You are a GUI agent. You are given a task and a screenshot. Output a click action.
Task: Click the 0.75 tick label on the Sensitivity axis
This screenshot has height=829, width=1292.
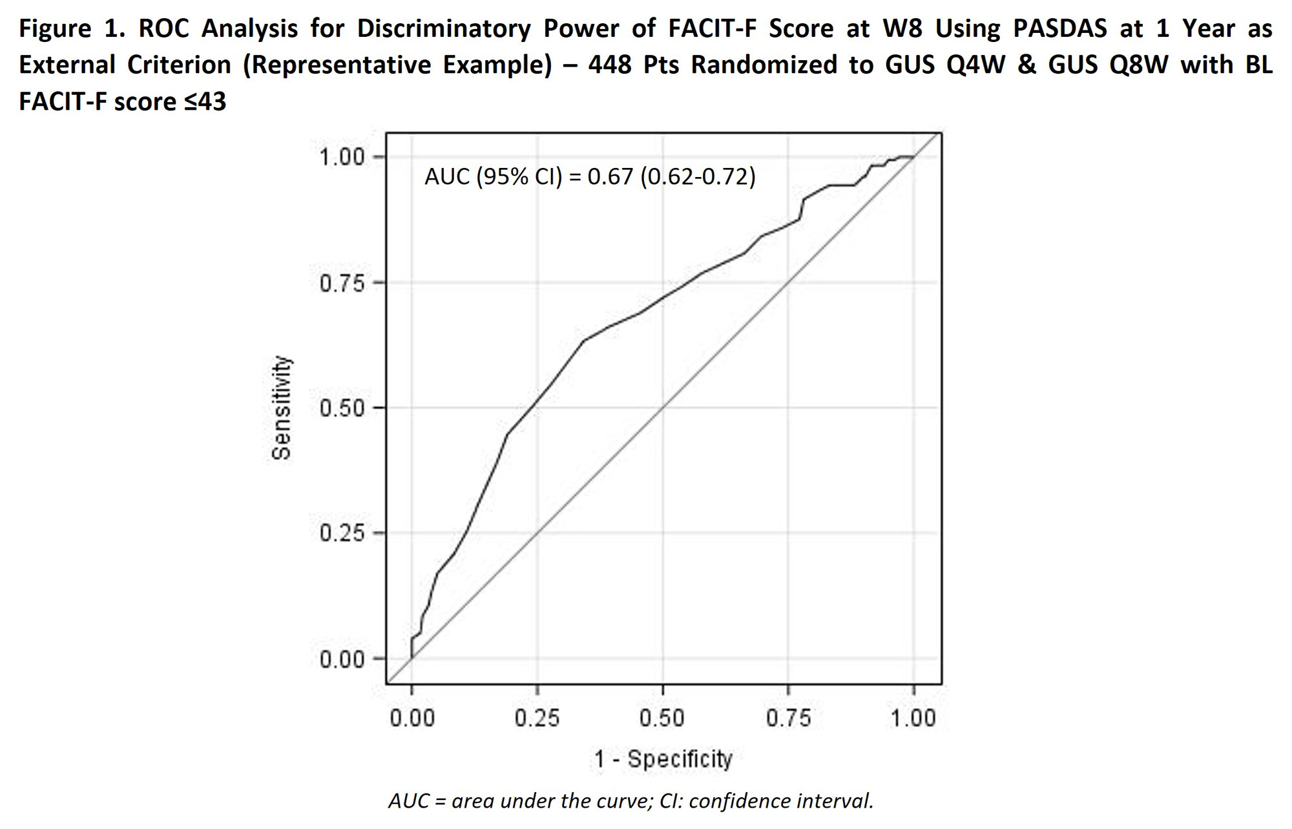[x=342, y=283]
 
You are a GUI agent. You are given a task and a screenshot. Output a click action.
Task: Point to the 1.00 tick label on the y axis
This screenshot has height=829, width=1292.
[x=342, y=157]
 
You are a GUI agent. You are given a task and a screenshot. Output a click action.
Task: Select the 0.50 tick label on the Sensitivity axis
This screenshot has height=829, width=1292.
[x=342, y=408]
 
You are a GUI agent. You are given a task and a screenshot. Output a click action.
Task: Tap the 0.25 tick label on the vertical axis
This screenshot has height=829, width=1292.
[x=342, y=534]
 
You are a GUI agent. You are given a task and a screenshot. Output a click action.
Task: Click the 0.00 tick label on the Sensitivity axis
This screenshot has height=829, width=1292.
[x=342, y=660]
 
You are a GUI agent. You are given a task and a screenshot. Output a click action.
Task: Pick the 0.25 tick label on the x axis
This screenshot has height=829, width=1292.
[x=537, y=718]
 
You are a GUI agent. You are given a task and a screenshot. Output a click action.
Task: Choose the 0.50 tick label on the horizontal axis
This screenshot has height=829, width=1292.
[x=662, y=718]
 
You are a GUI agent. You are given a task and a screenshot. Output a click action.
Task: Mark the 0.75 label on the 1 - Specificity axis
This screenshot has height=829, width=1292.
[x=788, y=718]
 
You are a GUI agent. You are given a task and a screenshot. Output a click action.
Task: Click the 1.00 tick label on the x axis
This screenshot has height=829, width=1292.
[x=913, y=718]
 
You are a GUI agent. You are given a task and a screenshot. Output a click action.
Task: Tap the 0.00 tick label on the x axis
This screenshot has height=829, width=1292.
[x=412, y=718]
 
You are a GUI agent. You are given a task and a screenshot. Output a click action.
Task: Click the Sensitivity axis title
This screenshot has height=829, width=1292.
[x=282, y=408]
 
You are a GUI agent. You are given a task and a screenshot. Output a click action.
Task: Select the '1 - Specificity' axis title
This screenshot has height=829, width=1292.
[x=663, y=759]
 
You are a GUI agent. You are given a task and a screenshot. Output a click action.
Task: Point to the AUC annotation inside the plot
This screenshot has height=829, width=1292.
[x=590, y=176]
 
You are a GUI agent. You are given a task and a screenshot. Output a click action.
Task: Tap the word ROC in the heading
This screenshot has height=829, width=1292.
[x=164, y=29]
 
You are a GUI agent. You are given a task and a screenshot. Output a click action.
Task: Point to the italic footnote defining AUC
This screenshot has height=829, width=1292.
[x=630, y=801]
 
